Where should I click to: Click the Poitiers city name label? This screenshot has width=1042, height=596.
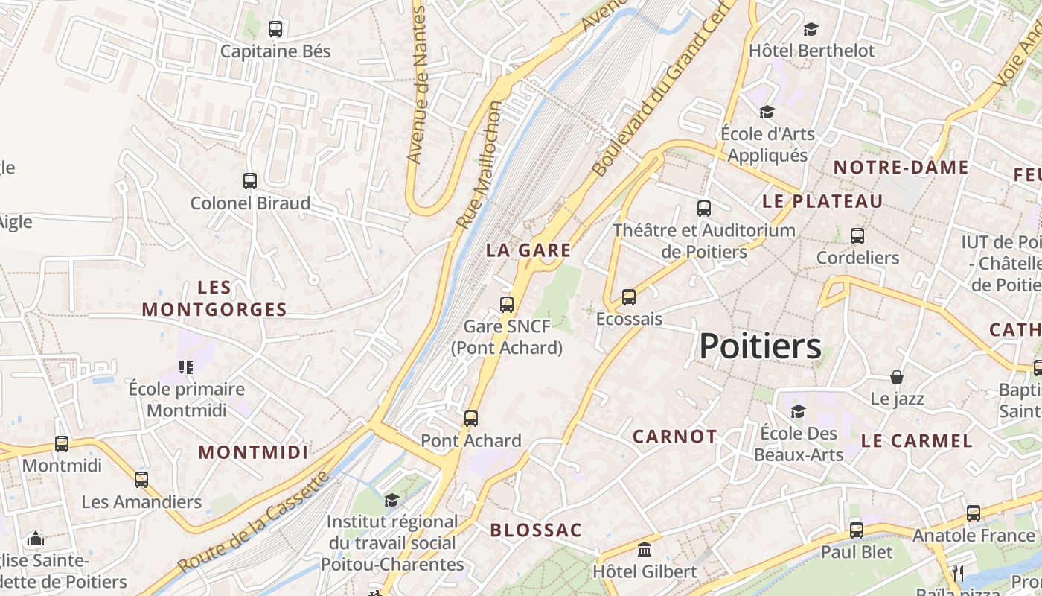click(x=760, y=346)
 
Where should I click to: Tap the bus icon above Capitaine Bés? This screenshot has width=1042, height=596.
click(x=275, y=29)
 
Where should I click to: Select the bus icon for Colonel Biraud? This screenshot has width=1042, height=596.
click(x=250, y=180)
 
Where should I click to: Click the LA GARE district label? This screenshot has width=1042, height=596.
click(x=528, y=250)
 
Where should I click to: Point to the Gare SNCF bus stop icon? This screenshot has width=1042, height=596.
click(x=507, y=304)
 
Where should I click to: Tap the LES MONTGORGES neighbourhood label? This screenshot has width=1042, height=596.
click(x=214, y=299)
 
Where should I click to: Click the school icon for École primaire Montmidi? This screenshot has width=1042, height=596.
click(x=186, y=367)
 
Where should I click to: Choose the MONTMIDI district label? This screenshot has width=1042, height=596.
click(x=253, y=452)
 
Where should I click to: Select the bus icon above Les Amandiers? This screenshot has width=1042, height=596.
click(x=141, y=479)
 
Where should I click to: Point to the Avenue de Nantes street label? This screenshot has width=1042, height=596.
click(x=418, y=86)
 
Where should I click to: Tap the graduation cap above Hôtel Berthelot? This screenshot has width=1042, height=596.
click(x=811, y=29)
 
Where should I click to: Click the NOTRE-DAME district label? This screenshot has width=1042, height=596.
click(x=901, y=167)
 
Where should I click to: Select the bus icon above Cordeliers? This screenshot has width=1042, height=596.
click(x=857, y=235)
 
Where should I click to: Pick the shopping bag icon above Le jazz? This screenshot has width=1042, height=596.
click(x=897, y=377)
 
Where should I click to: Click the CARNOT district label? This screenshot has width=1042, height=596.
click(x=675, y=437)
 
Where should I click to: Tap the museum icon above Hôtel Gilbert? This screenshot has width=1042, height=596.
click(x=645, y=550)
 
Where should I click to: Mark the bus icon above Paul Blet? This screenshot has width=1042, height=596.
click(x=857, y=530)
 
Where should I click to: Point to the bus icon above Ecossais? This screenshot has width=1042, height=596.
click(x=629, y=297)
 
